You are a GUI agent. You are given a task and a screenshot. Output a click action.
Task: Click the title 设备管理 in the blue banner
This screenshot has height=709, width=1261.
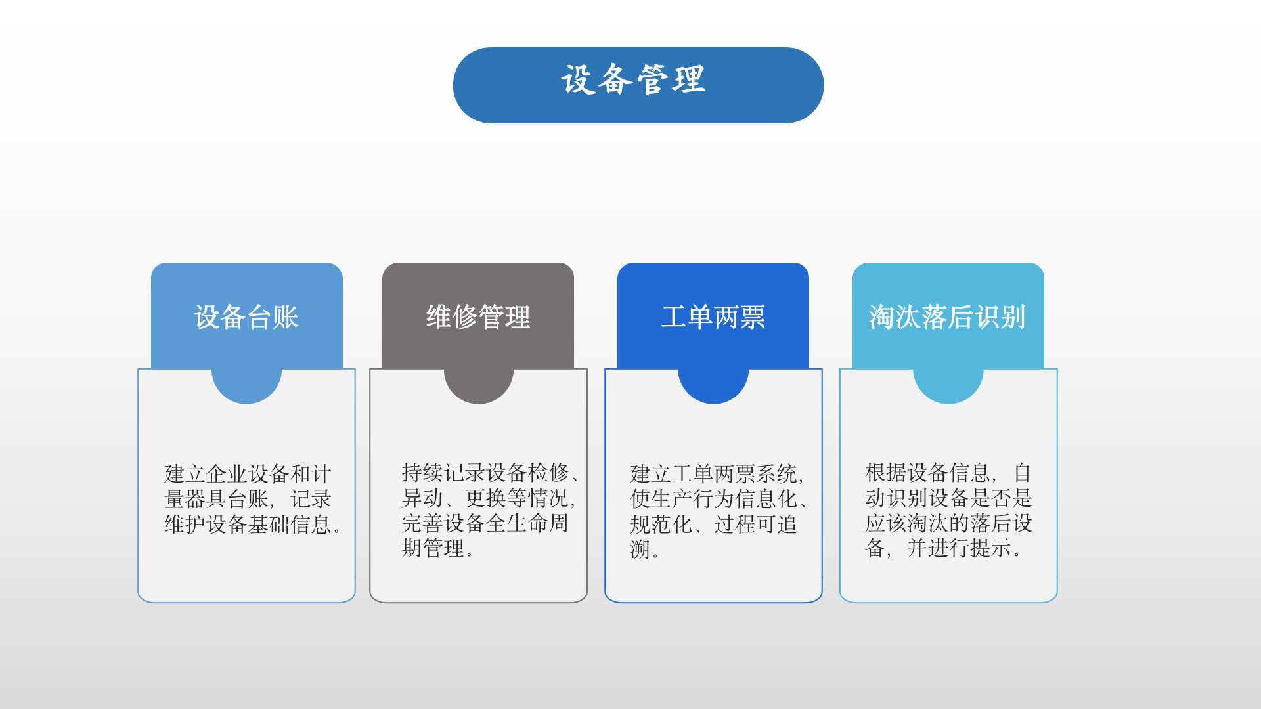[x=633, y=80]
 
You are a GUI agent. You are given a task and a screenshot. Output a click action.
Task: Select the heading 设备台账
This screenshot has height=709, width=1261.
[x=246, y=317]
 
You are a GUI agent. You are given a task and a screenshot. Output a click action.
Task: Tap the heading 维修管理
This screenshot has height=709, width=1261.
[x=478, y=317]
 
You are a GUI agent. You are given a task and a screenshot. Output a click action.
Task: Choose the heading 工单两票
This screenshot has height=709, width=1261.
[x=713, y=317]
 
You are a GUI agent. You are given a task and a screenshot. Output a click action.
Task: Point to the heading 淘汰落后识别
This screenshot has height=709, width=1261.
[x=948, y=317]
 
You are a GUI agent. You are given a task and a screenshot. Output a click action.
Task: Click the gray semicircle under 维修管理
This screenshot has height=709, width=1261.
[x=478, y=386]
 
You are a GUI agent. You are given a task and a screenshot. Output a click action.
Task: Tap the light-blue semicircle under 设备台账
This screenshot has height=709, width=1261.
[x=246, y=386]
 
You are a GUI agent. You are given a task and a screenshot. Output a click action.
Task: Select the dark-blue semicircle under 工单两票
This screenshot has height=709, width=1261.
[x=713, y=386]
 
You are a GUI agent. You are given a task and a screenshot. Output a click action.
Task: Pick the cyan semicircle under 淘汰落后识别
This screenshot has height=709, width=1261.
[x=948, y=386]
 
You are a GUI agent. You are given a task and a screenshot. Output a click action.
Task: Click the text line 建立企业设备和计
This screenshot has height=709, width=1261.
[x=248, y=474]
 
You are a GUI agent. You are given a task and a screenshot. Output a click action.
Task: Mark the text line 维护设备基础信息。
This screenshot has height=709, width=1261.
[x=253, y=525]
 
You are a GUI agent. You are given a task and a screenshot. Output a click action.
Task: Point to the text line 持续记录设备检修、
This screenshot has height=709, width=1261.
[x=491, y=473]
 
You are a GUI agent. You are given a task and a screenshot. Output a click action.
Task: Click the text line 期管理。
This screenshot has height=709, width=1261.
[x=438, y=548]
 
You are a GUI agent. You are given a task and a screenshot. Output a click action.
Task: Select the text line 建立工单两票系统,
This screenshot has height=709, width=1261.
[x=717, y=474]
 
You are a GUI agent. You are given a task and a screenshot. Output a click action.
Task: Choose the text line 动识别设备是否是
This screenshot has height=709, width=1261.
[x=949, y=498]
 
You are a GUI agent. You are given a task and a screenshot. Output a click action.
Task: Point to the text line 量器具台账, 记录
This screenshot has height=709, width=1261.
[x=248, y=499]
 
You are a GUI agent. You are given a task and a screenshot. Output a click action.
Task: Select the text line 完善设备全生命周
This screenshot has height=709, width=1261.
[x=485, y=523]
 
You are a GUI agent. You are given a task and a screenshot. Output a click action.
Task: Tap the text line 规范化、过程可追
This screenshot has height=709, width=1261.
[x=714, y=525]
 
